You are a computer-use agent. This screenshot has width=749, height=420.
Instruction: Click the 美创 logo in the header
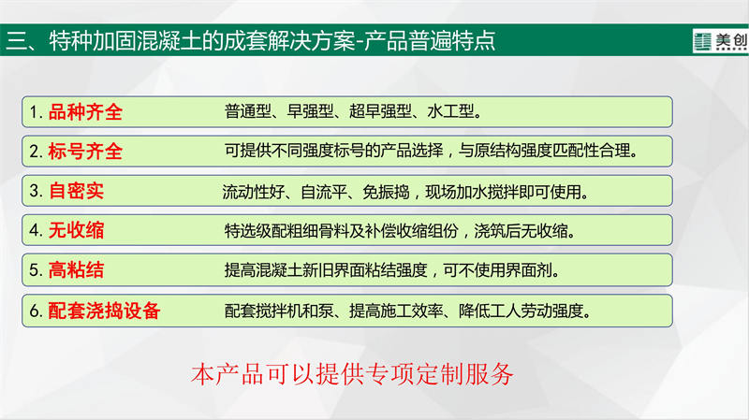pos(720,41)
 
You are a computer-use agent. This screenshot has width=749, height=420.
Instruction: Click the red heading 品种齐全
pos(85,112)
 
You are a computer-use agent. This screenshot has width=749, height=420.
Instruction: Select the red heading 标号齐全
pos(85,152)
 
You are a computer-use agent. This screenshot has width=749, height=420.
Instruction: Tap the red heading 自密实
pos(76,191)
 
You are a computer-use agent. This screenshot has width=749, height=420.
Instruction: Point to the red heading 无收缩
pos(76,230)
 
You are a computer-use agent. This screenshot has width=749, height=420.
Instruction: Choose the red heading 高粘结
pos(76,269)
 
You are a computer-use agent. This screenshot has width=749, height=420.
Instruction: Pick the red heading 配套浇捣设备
pos(104,311)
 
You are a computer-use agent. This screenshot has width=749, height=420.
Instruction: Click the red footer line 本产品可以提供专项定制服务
pos(353,374)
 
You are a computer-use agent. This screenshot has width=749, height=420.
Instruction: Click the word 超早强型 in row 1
pos(380,111)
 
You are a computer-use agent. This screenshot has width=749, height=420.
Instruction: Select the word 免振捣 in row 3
pos(386,192)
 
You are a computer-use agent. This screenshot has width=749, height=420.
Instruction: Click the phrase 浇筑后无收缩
pos(521,231)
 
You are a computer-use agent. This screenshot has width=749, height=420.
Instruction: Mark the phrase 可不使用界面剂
pos(498,270)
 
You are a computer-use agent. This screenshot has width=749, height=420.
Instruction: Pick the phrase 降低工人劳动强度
pos(521,311)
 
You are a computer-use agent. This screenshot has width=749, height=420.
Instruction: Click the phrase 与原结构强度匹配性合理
pos(545,151)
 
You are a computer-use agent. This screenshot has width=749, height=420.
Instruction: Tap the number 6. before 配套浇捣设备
pos(37,311)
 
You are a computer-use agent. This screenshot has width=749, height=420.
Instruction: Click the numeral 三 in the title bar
pos(17,41)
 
